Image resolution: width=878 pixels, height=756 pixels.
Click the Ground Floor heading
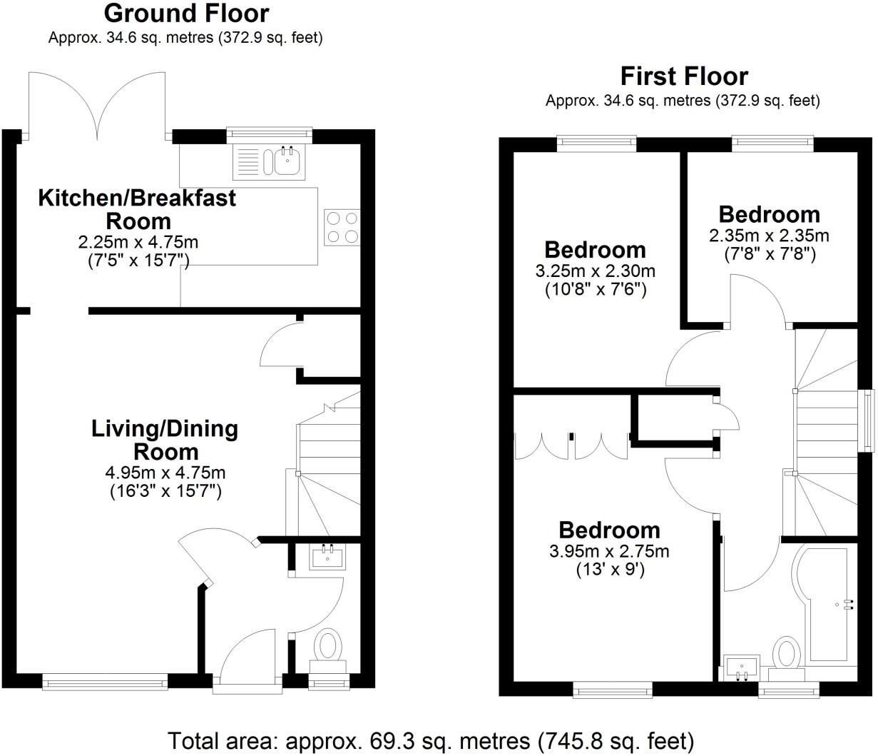pos(186,14)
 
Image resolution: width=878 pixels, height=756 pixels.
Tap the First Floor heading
pos(683,76)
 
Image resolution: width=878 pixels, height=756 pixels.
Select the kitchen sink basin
pos(286,161)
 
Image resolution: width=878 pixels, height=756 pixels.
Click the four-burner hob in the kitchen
pos(341,227)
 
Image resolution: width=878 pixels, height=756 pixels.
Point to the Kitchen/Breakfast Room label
pos(136,208)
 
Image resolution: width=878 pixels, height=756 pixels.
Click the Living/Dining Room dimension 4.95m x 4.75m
pos(165,473)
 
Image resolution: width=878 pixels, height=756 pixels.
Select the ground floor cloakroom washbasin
pos(328,556)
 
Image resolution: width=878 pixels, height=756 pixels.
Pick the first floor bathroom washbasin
pos(741,667)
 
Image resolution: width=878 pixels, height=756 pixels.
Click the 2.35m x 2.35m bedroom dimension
pos(769,236)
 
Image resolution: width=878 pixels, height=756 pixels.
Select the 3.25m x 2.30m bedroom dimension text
pos(595,272)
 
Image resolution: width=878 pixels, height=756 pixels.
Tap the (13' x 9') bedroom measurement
pos(610,570)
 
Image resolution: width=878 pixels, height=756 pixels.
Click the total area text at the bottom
pos(430,740)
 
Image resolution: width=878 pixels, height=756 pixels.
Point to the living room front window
pos(105,682)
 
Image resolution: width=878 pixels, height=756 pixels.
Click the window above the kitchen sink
pos(269,133)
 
